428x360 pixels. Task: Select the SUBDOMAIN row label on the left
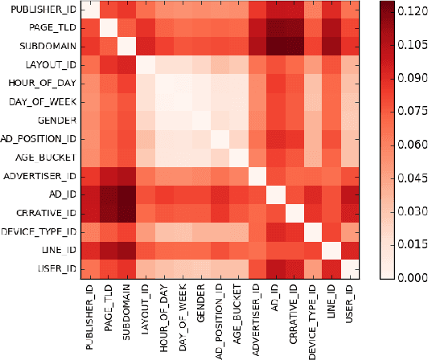click(47, 47)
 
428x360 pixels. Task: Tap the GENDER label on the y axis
click(56, 120)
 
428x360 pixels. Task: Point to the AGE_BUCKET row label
click(47, 157)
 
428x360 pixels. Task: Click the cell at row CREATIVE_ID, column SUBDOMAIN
click(127, 213)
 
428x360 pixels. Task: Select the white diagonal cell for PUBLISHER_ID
click(91, 10)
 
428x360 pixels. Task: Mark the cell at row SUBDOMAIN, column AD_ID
click(275, 47)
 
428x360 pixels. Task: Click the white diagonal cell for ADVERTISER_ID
click(257, 176)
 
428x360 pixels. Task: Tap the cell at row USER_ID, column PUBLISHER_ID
click(91, 268)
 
